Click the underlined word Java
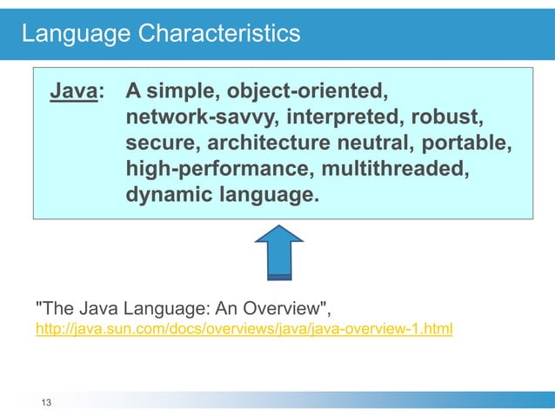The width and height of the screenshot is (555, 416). click(73, 91)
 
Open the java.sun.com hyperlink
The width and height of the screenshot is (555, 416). click(244, 330)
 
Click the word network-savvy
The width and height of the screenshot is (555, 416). click(198, 117)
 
